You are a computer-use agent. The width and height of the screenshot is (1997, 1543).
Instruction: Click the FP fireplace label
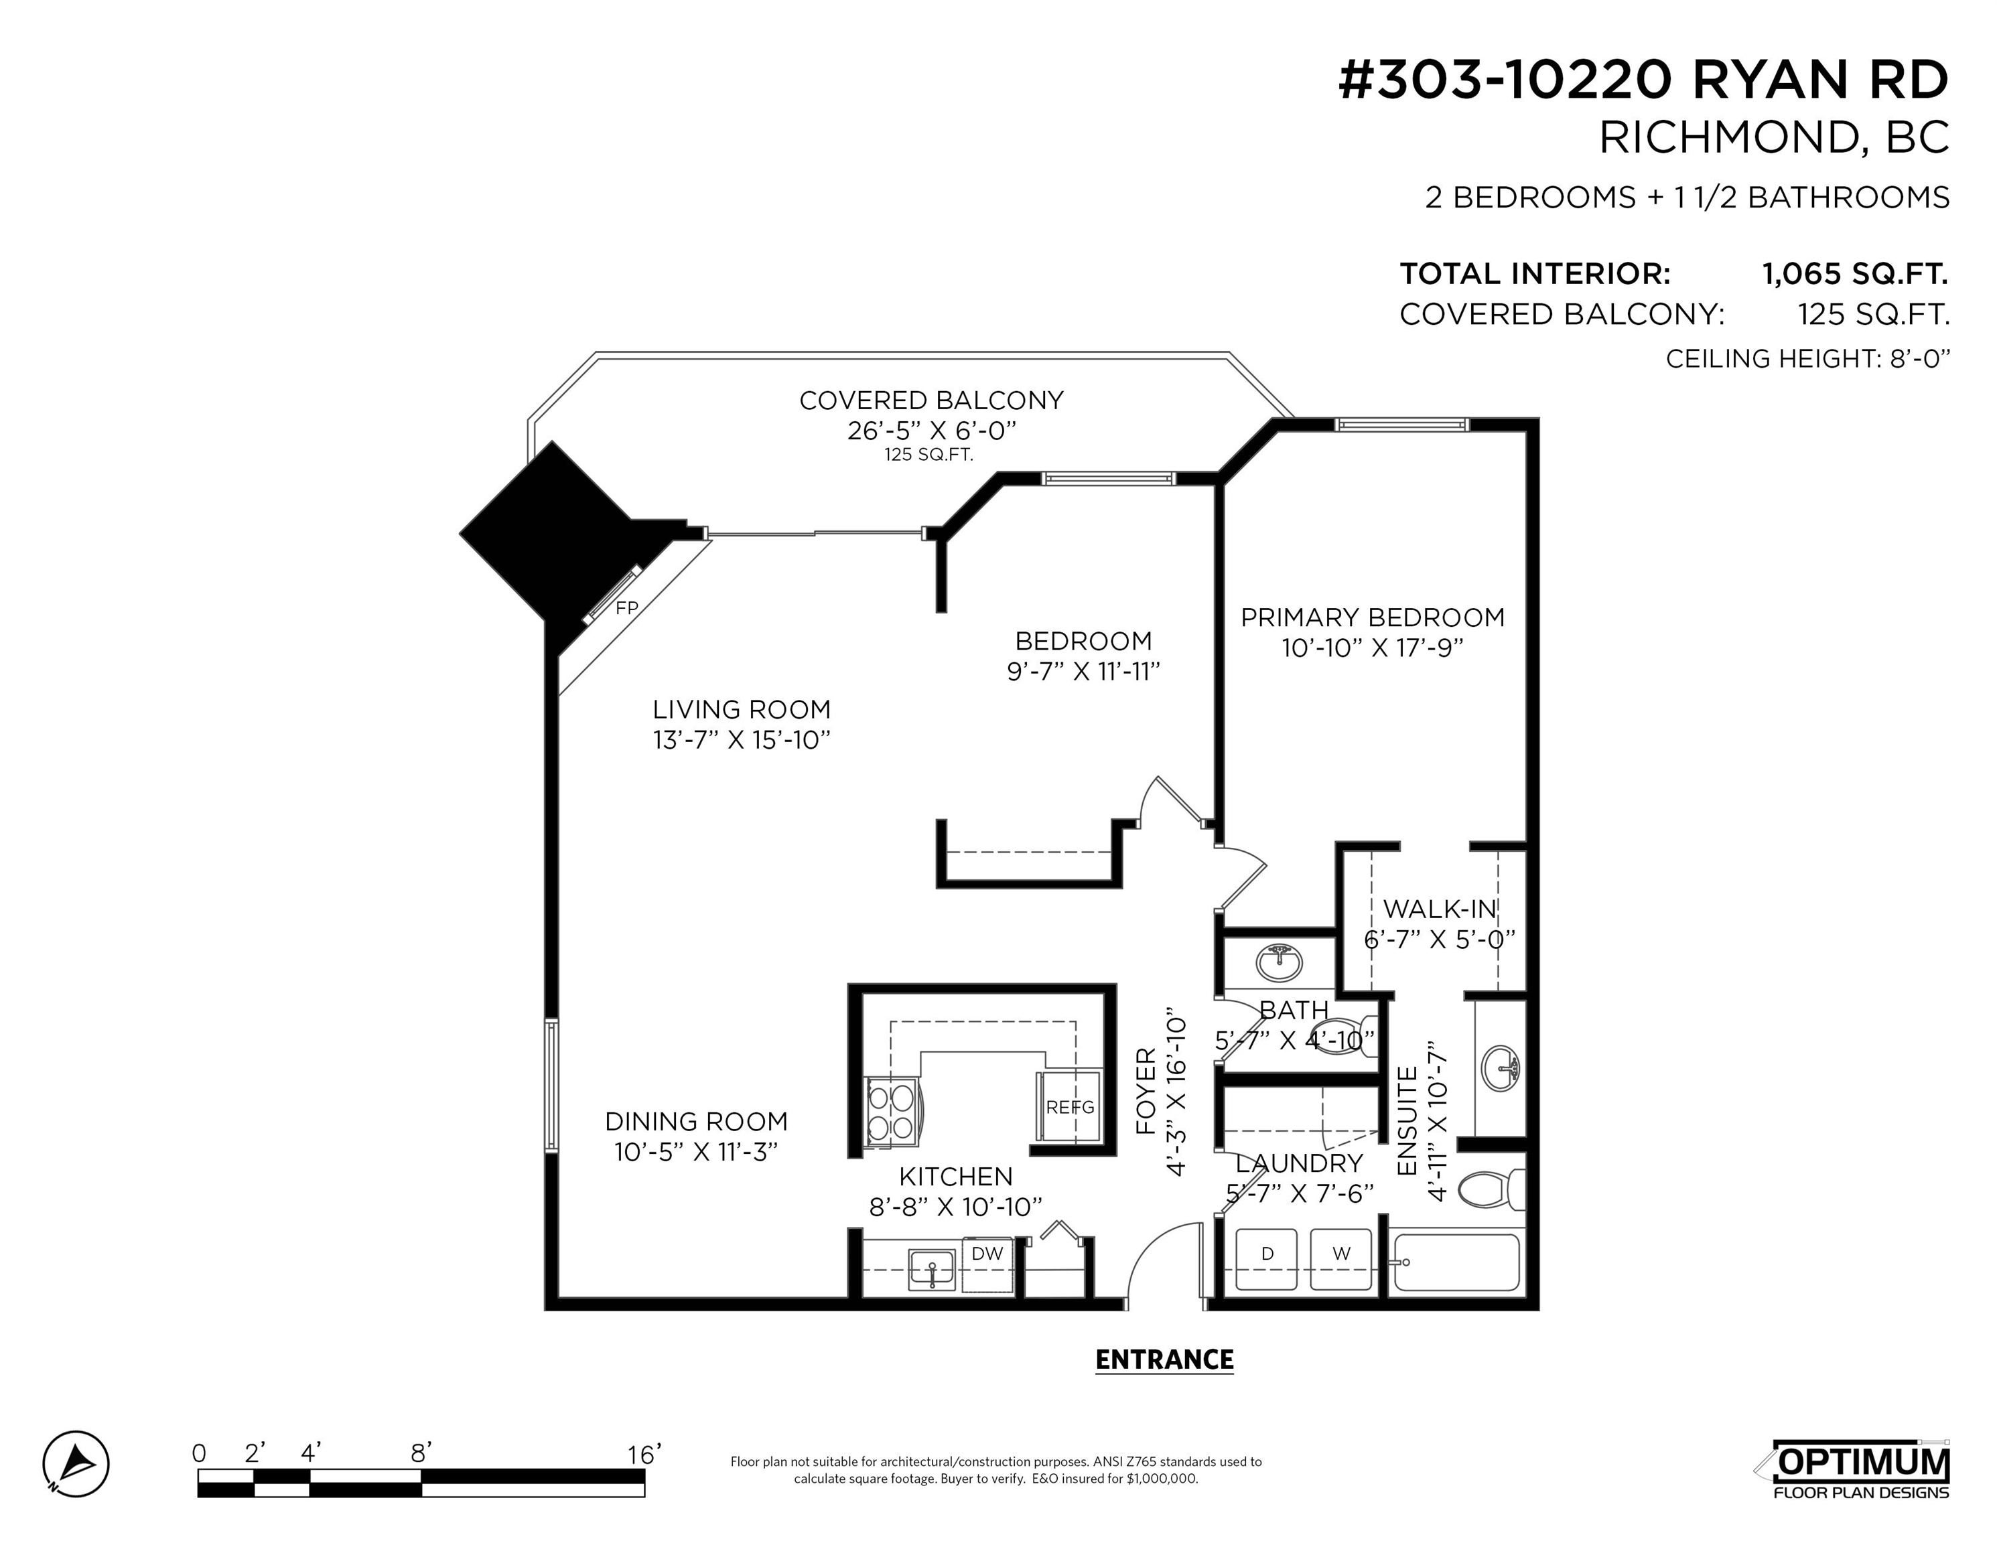626,608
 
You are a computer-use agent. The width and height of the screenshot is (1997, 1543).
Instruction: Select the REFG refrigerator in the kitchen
1069,1107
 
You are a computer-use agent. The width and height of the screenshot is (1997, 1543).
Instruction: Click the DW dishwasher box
987,1265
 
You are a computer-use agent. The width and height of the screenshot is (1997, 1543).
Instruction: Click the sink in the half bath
1280,962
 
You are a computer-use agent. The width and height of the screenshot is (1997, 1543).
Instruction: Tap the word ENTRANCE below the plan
1164,1360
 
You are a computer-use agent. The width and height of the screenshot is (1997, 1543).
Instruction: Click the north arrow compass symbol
76,1463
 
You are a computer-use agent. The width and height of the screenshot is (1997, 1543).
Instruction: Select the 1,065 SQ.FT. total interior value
1855,273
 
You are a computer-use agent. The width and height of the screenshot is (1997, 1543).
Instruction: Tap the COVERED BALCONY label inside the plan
931,400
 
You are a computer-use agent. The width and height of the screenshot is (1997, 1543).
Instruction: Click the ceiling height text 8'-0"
1919,358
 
